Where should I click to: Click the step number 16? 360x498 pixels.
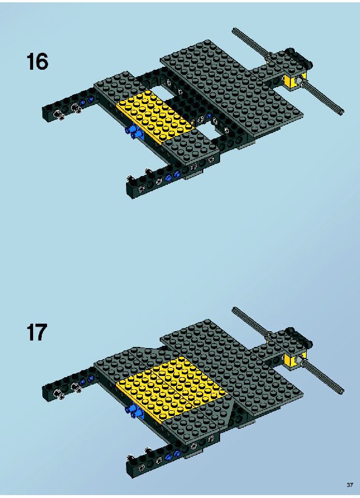coord(38,62)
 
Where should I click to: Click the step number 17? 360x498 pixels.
coord(37,332)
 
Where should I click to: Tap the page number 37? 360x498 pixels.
coord(350,485)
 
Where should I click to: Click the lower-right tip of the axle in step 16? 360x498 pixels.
coord(341,112)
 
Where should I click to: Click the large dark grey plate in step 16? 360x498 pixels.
coord(232,89)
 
